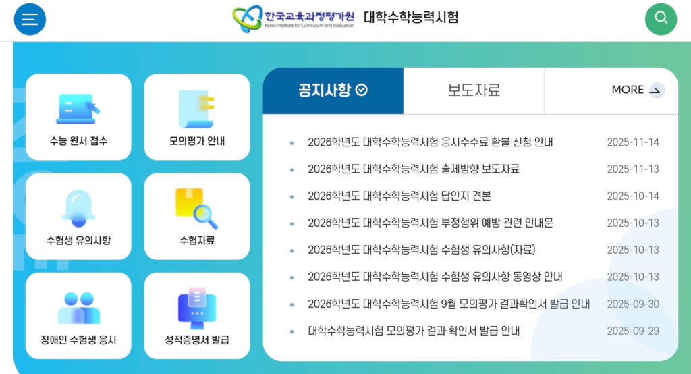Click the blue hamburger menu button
(30, 19)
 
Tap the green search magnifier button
(660, 19)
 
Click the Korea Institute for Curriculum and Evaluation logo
(293, 18)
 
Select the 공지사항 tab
(333, 90)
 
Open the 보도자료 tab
(474, 90)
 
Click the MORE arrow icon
(656, 90)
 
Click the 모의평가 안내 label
(197, 142)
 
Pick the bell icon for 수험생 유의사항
(78, 207)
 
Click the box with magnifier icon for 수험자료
(196, 207)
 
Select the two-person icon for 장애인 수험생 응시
(78, 307)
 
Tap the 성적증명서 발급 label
(197, 340)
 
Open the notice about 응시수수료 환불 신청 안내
(431, 142)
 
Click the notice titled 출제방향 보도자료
(413, 169)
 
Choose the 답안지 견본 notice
(399, 196)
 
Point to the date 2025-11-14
(632, 142)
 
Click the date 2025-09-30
(632, 304)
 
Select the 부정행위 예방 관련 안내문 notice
(431, 223)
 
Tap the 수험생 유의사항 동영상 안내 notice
(435, 277)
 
